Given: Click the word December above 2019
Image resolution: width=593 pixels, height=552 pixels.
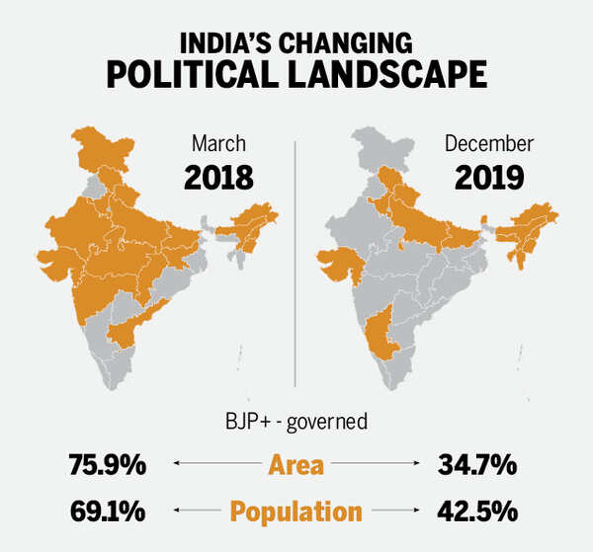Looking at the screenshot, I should (488, 142).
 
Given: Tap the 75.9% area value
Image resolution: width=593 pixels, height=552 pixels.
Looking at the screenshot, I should (108, 462).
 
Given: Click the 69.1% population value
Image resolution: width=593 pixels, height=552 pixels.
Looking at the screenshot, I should (108, 511).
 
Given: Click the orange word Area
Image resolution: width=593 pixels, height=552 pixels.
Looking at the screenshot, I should (296, 462).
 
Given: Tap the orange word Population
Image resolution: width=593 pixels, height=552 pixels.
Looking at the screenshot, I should (296, 511).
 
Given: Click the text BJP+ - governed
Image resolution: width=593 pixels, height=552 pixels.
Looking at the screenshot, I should (296, 422).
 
